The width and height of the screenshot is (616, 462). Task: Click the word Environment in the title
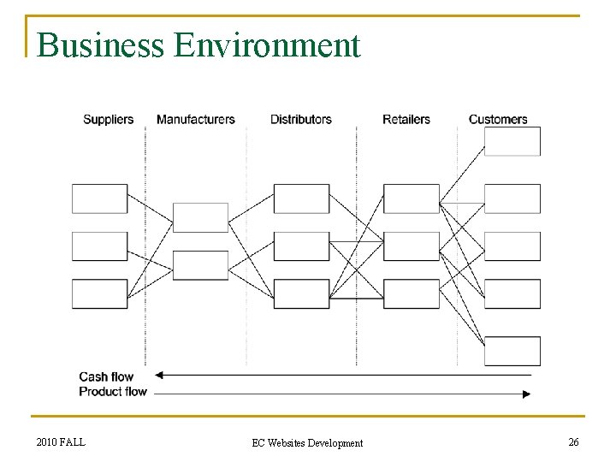pos(267,45)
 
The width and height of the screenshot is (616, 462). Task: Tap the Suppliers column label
pos(108,119)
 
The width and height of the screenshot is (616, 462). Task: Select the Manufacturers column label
pos(195,119)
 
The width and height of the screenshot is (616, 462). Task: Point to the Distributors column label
pos(300,119)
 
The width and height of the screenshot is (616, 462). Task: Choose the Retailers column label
pos(406,119)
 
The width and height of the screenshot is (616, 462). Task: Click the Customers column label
pos(498,119)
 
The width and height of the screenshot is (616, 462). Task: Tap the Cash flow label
pos(106,376)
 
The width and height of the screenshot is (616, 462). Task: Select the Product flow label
pos(113,392)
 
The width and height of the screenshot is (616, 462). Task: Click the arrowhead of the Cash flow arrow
pos(159,375)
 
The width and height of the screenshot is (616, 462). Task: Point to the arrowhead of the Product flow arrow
pos(526,394)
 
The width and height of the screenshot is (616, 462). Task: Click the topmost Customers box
pos(512,141)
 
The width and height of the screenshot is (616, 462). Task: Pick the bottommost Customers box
pos(512,351)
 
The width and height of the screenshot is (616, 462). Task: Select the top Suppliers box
pos(99,198)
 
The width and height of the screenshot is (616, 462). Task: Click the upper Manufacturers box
pos(200,217)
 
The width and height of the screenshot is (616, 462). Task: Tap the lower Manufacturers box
pos(200,265)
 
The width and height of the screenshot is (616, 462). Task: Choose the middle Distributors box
pos(301,246)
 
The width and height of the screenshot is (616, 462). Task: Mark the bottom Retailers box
pos(411,293)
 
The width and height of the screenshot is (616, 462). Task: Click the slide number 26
pos(572,442)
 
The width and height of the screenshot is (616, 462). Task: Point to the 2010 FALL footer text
pos(61,442)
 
